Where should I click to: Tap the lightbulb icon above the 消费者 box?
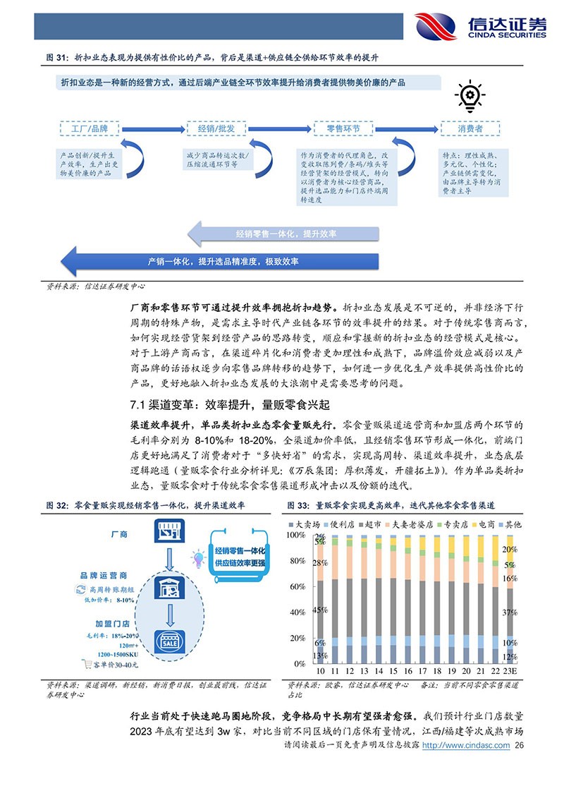(x=467, y=95)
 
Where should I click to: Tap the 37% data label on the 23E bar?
(x=509, y=613)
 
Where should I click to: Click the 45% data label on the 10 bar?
(x=320, y=610)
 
